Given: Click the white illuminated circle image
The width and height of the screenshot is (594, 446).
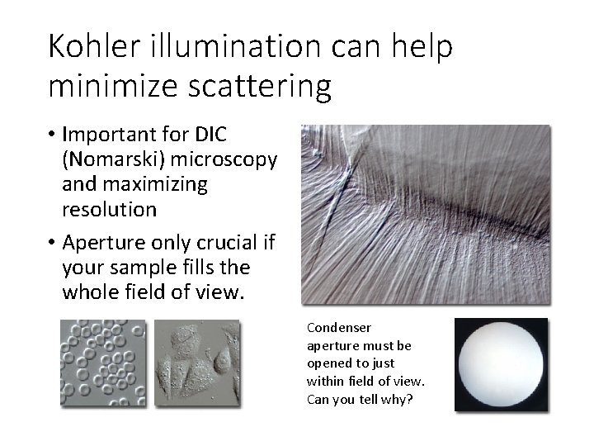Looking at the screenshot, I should point(501,364).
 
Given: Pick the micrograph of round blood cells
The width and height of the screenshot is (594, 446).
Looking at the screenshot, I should point(101,363).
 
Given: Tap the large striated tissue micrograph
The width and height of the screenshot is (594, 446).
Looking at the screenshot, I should point(425,214).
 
